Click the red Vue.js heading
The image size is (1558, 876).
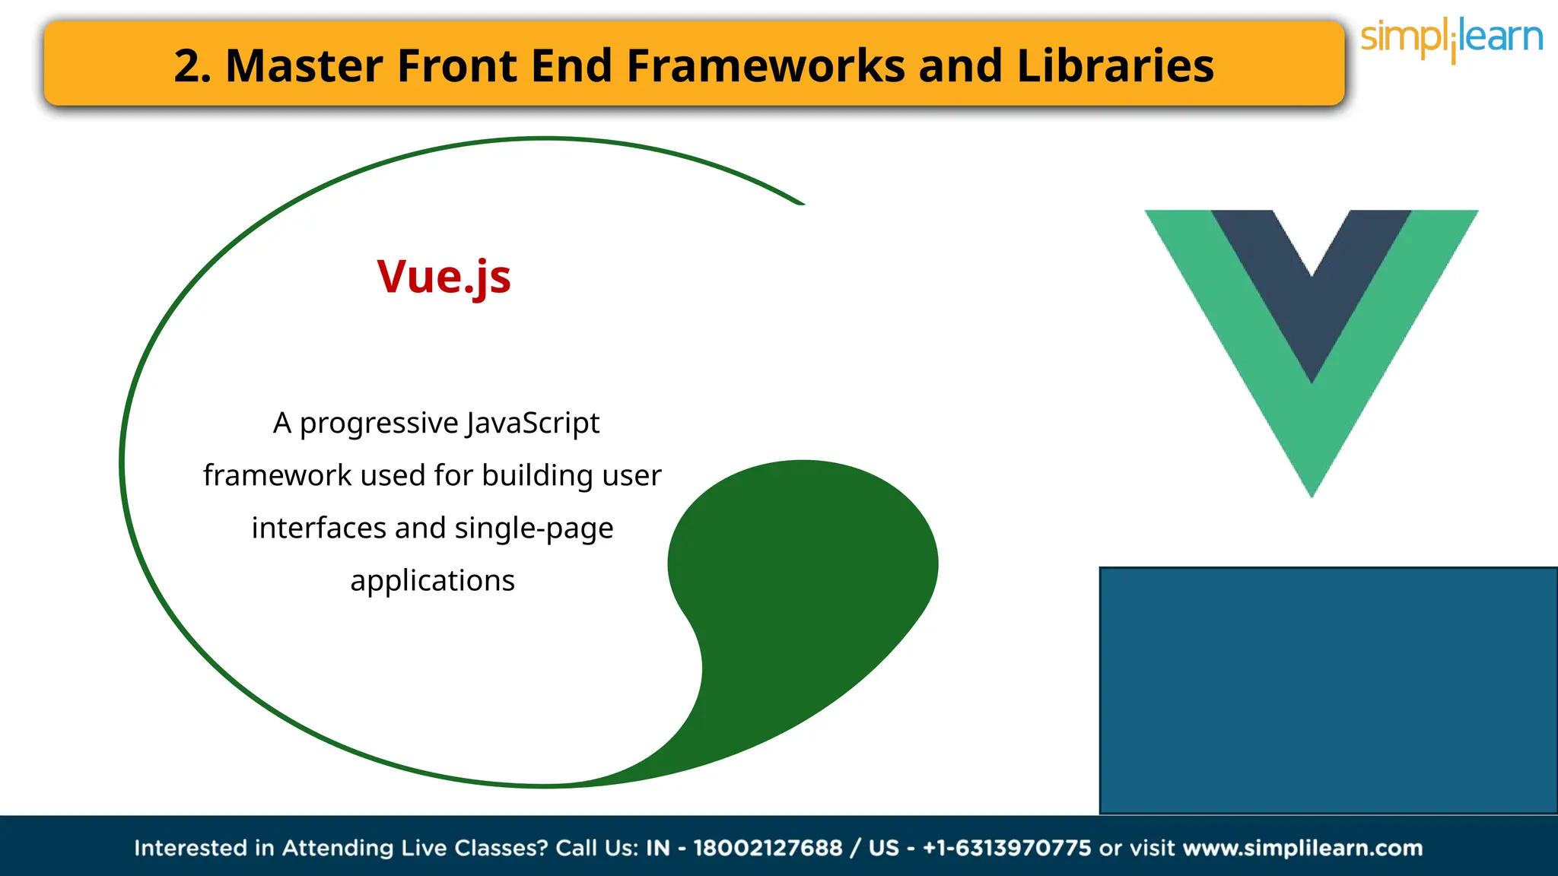tap(444, 277)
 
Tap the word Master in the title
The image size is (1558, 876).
tap(304, 65)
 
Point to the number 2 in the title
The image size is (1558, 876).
tap(188, 65)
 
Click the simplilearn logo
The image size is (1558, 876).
tap(1451, 39)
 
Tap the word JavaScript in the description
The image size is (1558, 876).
tap(533, 423)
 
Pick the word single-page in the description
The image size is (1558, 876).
tap(533, 528)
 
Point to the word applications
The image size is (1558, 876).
tap(432, 581)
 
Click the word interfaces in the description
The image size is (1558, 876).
tap(317, 528)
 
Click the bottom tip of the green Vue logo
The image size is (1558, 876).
tap(1312, 487)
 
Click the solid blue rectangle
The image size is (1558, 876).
tap(1327, 690)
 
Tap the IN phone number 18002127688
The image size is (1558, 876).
tap(768, 848)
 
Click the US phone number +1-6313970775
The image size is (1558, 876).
tap(1006, 848)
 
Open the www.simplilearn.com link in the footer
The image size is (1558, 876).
tap(1302, 848)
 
